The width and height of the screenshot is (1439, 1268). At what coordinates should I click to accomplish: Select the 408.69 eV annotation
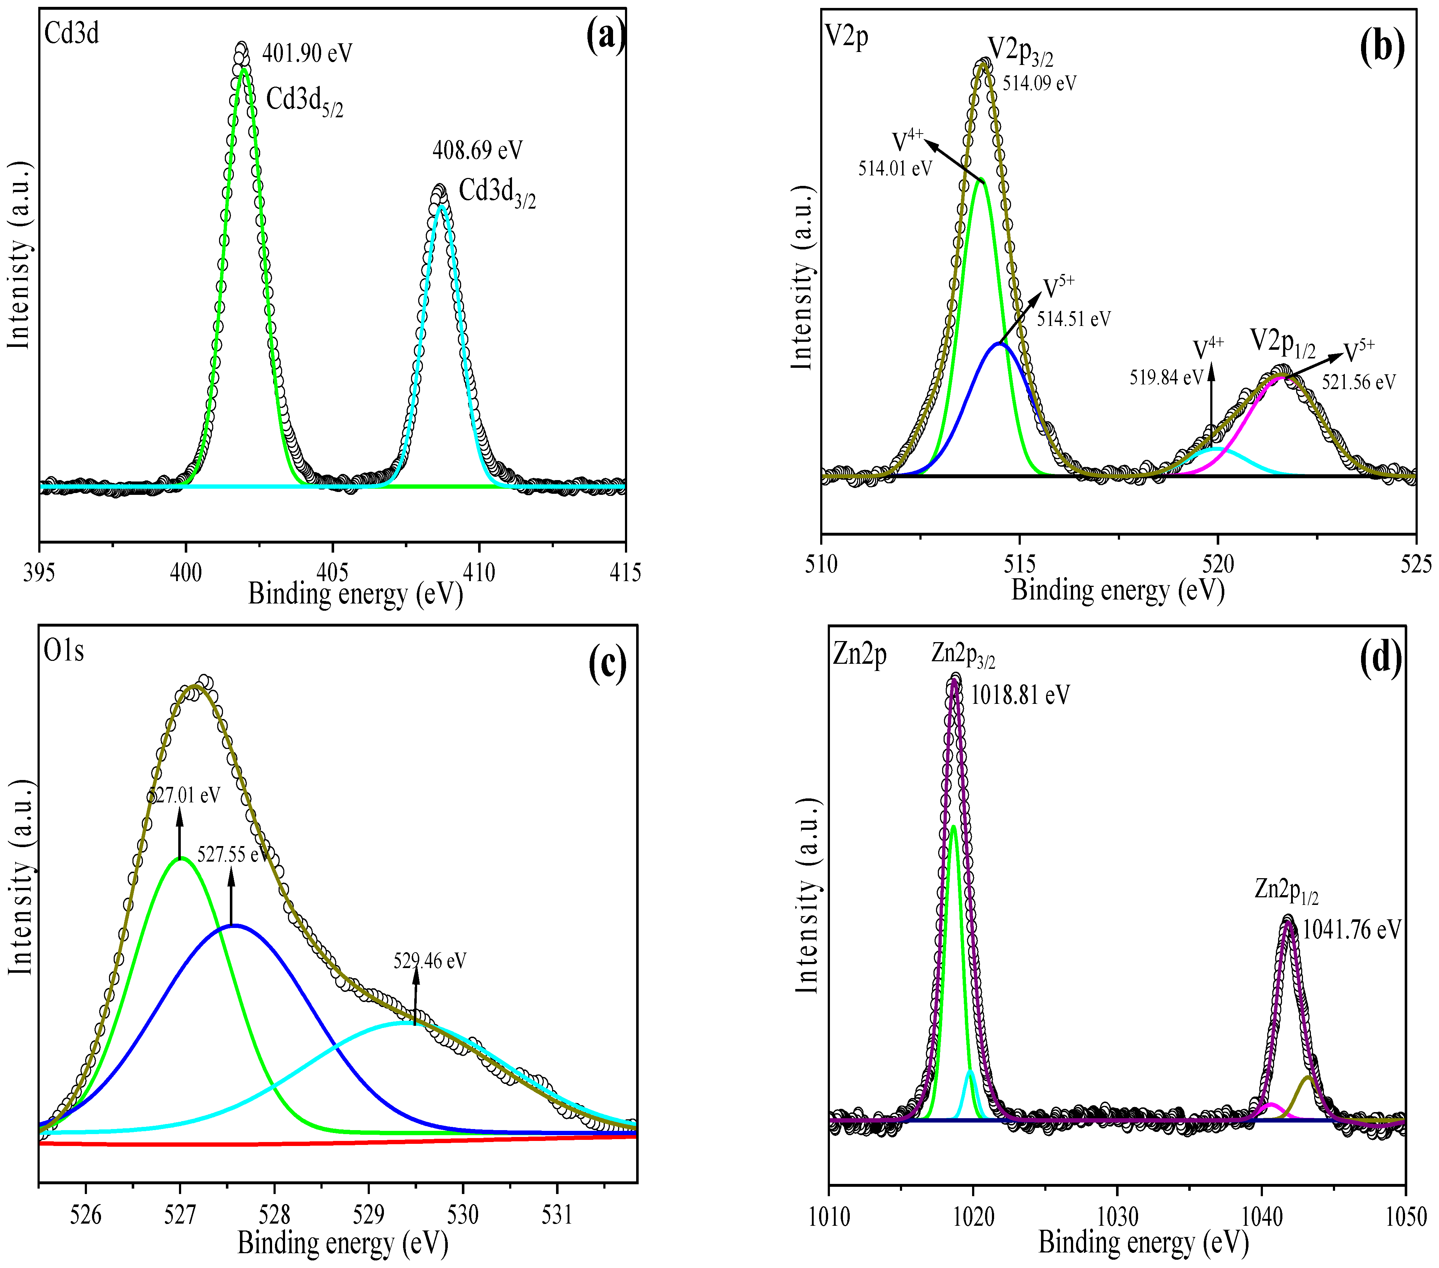[477, 150]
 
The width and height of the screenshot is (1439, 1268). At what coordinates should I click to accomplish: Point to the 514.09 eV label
[1039, 83]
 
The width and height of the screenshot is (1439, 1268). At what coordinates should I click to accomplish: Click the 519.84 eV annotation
[1167, 378]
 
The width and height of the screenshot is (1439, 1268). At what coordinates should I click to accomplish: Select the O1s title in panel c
[64, 651]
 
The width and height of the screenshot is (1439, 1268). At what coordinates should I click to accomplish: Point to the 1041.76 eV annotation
[1351, 930]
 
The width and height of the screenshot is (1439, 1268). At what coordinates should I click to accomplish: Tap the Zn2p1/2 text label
[1286, 890]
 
